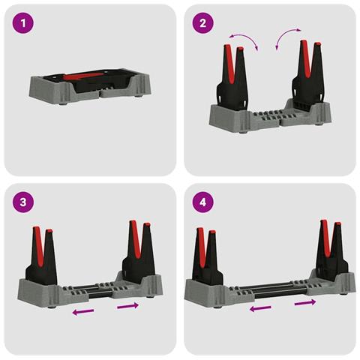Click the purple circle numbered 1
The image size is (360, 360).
click(22, 23)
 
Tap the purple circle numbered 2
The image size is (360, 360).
click(202, 23)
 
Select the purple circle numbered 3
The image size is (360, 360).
click(22, 202)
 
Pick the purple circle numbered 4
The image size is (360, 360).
click(202, 202)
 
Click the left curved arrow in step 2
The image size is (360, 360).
click(246, 37)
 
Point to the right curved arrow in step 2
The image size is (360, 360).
click(285, 35)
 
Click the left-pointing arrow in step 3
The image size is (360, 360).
click(83, 311)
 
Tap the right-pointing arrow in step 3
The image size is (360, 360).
click(127, 306)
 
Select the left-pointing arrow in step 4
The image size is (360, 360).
click(260, 308)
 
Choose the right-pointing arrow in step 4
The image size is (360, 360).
click(305, 302)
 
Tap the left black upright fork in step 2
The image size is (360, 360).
click(232, 77)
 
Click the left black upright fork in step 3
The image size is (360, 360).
click(41, 256)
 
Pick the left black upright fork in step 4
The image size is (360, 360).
click(207, 257)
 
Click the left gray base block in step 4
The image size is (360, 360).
click(208, 292)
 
